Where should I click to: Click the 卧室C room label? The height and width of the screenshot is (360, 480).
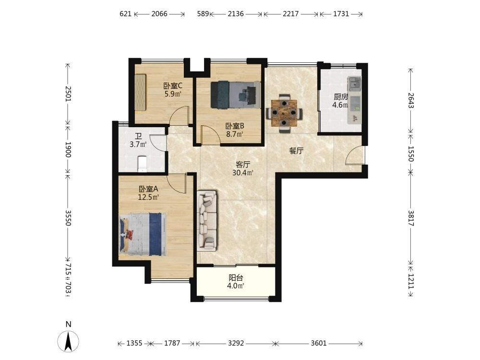click(173, 86)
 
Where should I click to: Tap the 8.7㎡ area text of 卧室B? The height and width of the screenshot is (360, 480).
click(235, 134)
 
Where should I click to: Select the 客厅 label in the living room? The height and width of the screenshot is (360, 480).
click(243, 164)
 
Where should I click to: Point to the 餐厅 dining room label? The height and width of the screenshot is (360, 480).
click(296, 151)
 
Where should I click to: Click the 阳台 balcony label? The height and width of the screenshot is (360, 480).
click(236, 277)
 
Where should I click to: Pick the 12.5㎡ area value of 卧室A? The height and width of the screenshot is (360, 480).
click(148, 197)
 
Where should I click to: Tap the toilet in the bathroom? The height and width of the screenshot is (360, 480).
click(143, 164)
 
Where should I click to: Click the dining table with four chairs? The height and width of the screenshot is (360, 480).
click(284, 113)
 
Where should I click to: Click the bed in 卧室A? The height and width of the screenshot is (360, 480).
click(143, 234)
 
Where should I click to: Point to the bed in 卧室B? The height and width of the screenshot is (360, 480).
click(236, 95)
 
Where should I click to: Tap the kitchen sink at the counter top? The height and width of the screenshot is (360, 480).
click(354, 83)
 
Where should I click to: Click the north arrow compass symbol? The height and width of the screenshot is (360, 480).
click(68, 340)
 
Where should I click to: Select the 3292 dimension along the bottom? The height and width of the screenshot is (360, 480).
click(236, 343)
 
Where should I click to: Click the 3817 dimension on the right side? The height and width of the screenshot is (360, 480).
click(411, 218)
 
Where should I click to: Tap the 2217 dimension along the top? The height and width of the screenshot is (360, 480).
click(290, 14)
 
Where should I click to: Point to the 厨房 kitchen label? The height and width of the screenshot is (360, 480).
click(340, 97)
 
